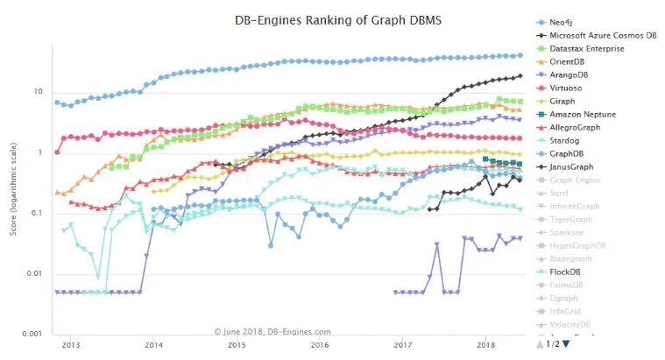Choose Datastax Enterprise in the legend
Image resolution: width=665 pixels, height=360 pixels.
click(x=586, y=48)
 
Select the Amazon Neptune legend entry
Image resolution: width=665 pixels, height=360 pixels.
click(x=583, y=114)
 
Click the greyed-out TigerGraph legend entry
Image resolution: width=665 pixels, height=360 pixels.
click(x=574, y=220)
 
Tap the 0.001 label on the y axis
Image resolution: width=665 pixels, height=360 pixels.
click(x=32, y=335)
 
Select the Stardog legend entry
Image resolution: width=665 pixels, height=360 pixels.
click(x=566, y=140)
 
